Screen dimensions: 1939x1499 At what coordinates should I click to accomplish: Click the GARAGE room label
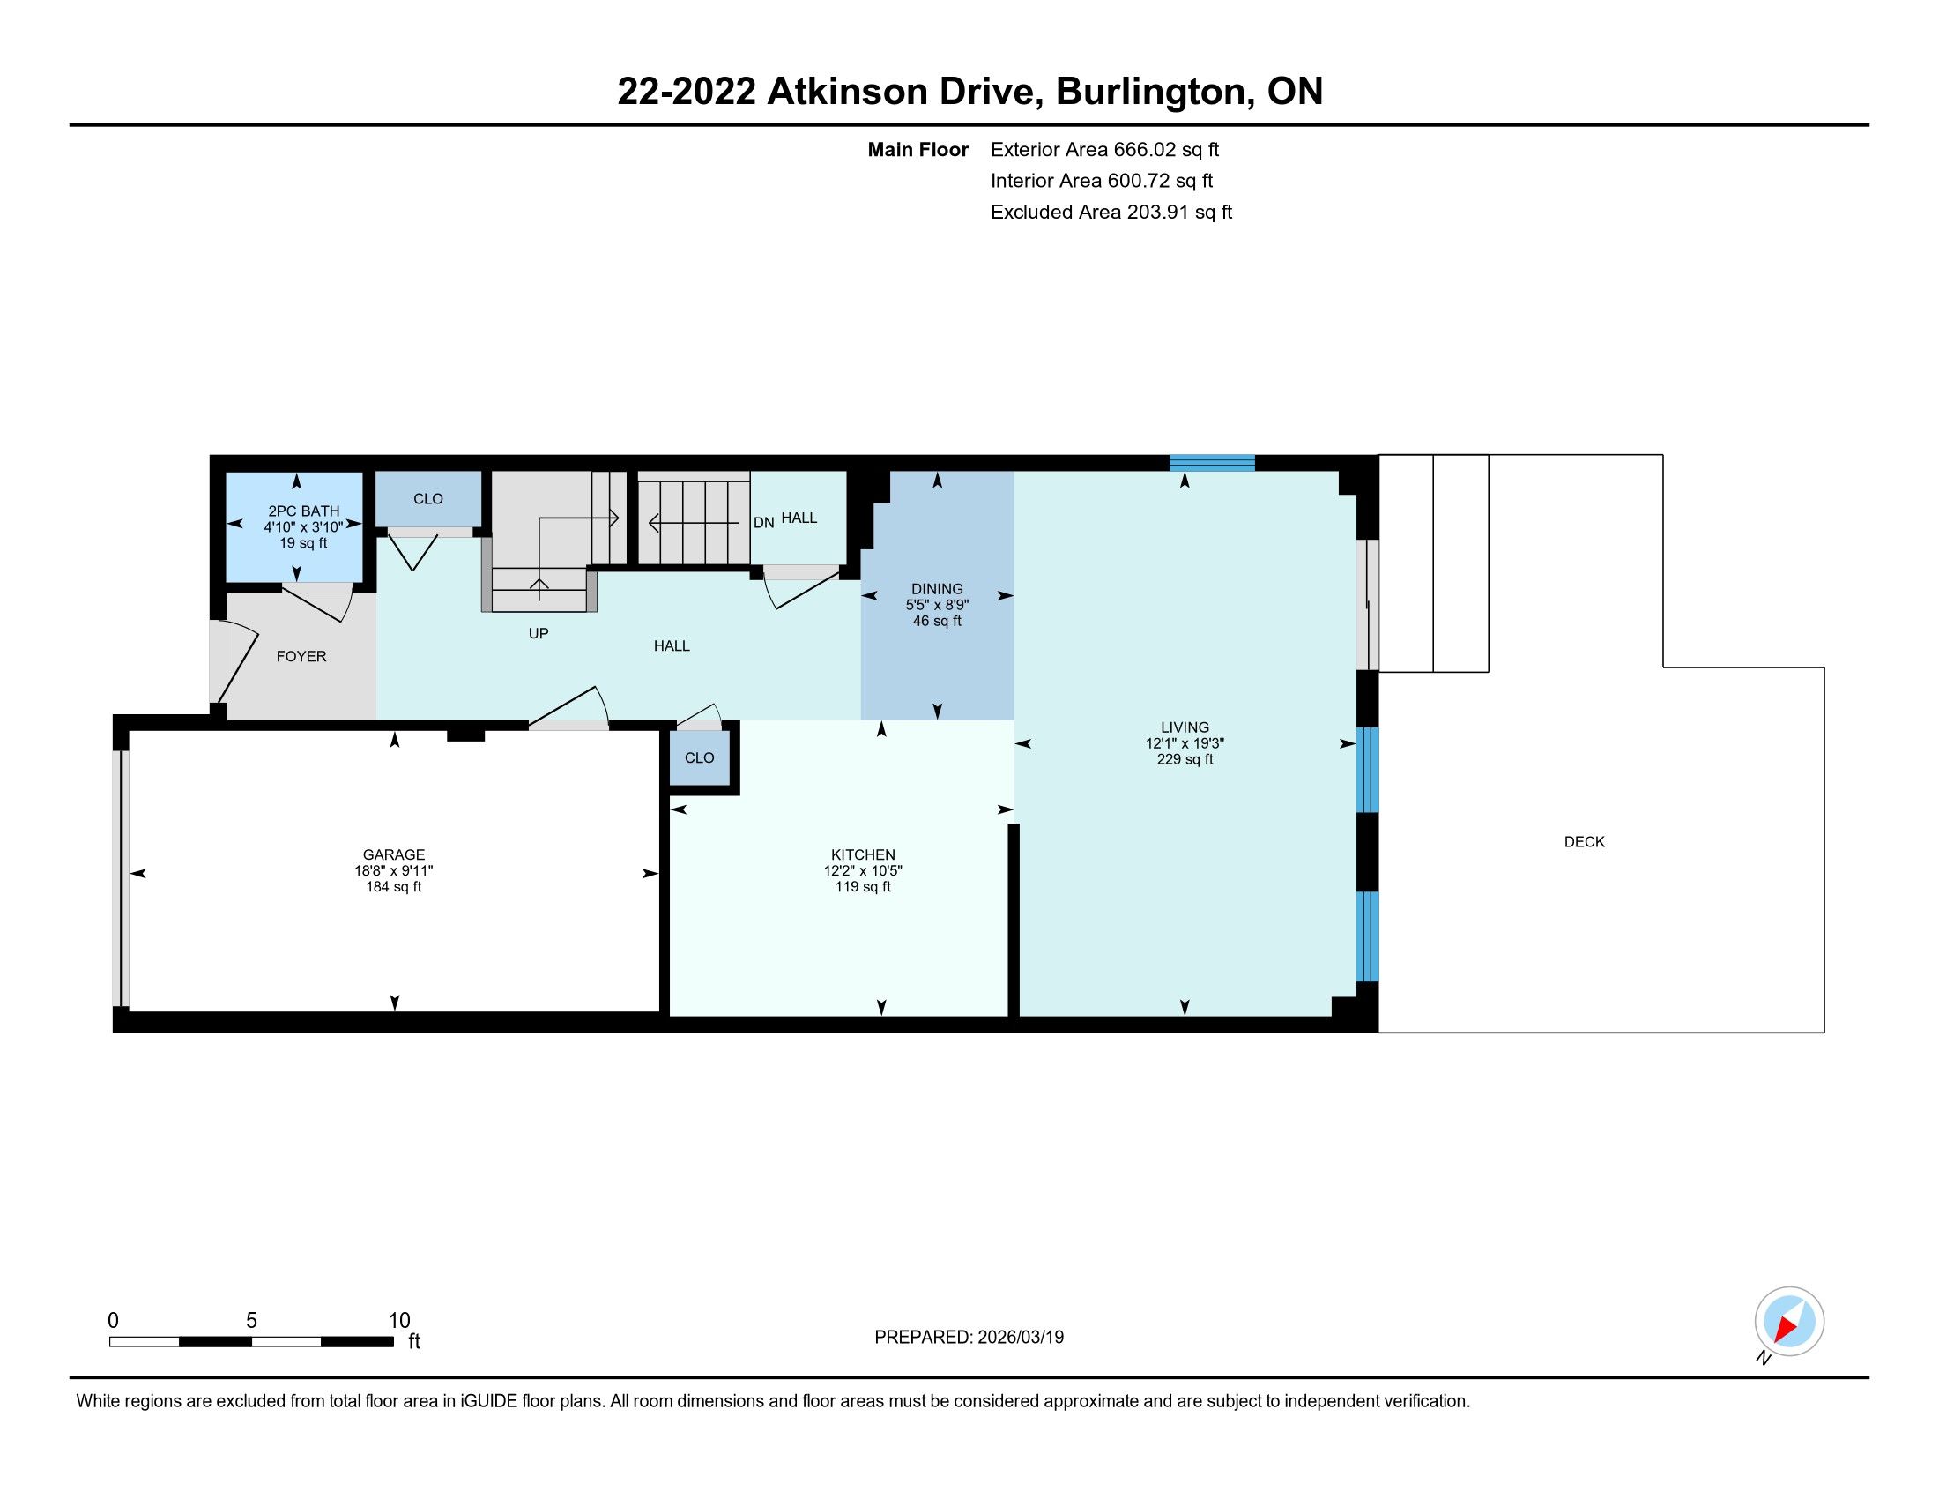(x=393, y=854)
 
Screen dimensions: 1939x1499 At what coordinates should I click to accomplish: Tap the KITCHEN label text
(x=863, y=854)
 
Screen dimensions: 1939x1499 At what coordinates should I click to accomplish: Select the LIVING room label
(x=1185, y=727)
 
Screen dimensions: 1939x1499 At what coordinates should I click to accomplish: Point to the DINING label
(x=937, y=589)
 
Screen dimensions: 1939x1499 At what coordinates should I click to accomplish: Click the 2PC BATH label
(x=304, y=511)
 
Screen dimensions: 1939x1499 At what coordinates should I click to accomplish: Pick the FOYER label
(x=301, y=656)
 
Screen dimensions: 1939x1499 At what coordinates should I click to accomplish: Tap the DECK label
(x=1584, y=842)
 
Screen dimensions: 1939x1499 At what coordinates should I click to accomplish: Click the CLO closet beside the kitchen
(x=699, y=757)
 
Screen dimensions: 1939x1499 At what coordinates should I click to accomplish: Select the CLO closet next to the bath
(x=428, y=499)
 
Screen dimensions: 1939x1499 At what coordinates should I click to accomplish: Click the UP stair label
(x=538, y=633)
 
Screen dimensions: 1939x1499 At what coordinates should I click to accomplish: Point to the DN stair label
(x=763, y=523)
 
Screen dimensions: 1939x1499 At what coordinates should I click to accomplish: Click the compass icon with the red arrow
(x=1789, y=1321)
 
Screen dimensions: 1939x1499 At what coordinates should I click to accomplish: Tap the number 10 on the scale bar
(x=399, y=1321)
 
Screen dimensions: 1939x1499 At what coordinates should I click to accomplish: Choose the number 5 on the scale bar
(x=251, y=1321)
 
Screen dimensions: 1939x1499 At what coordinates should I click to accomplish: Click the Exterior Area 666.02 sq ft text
(x=1104, y=150)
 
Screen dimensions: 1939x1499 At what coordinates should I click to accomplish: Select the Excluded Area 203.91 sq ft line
(x=1111, y=213)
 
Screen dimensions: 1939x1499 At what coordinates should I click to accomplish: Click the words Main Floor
(x=918, y=150)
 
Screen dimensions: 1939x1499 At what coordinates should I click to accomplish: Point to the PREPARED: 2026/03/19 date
(x=969, y=1338)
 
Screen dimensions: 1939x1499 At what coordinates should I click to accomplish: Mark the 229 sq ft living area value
(x=1185, y=759)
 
